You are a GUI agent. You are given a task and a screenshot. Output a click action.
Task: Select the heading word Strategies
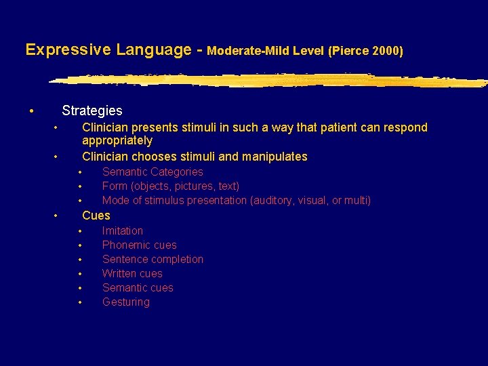point(91,110)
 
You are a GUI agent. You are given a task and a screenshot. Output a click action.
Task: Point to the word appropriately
point(117,141)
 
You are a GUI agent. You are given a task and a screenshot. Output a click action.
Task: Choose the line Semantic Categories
point(152,172)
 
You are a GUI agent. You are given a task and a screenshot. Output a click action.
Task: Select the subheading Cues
point(96,216)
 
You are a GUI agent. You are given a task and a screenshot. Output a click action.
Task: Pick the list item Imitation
point(122,231)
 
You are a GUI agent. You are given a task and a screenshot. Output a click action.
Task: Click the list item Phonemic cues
point(139,245)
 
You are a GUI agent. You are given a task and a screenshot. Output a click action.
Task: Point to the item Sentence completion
point(152,260)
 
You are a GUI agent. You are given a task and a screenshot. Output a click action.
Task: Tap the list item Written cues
point(132,274)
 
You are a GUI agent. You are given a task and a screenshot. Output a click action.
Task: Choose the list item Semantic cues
point(138,288)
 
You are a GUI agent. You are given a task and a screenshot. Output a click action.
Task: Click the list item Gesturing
point(125,302)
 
